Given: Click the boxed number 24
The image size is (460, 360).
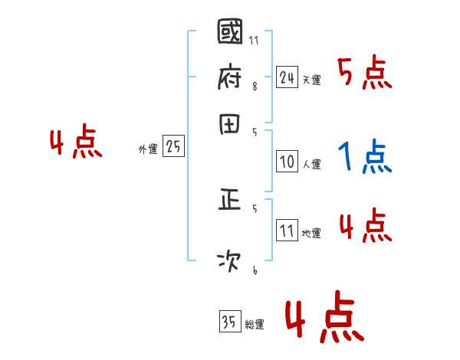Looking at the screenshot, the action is (287, 77).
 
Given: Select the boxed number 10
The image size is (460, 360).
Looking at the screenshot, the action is (287, 162).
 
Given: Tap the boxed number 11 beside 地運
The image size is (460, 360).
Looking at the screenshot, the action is (287, 231).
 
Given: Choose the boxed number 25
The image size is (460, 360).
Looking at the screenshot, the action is (173, 147).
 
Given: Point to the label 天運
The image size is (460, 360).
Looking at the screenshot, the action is (312, 80).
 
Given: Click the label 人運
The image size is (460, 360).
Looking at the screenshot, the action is (312, 164).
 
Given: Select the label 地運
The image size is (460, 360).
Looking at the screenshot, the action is (312, 233).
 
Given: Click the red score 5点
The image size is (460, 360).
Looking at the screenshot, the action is (365, 74).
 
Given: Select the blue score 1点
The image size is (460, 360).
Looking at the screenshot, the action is (364, 158).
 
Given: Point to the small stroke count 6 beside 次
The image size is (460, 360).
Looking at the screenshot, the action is (255, 271).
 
